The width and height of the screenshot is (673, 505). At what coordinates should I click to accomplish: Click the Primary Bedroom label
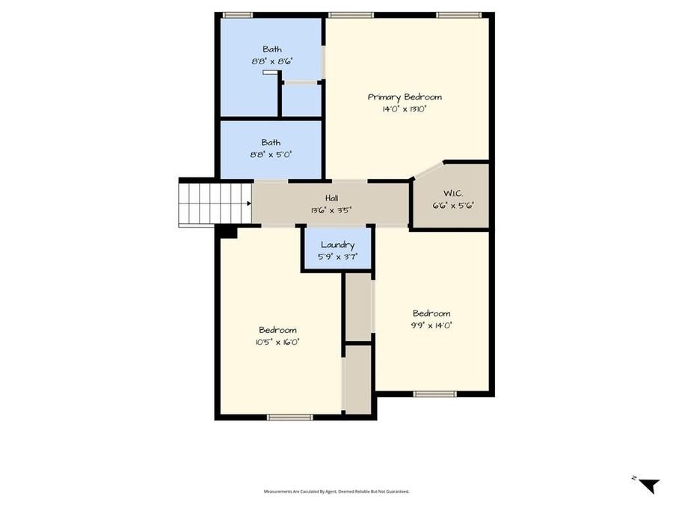pos(405,97)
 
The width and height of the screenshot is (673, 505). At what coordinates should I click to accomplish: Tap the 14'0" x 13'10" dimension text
pos(405,109)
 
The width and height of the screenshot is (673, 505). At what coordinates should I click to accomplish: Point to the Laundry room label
pos(336,245)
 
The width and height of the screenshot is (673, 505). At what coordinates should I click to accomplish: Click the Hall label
pos(331,198)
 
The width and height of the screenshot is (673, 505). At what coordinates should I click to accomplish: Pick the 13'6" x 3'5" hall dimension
pos(331,210)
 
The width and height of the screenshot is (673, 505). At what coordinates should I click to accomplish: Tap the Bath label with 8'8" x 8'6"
pos(271,49)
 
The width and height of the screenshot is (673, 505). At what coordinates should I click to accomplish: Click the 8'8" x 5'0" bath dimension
pos(271,154)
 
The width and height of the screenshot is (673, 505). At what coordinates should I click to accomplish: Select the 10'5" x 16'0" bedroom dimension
pos(277,342)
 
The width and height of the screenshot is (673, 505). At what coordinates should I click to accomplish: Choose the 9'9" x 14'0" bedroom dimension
pos(431,325)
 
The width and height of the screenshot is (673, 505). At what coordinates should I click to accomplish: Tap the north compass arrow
pos(648,484)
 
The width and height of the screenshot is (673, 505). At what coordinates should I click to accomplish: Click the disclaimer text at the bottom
pos(336,492)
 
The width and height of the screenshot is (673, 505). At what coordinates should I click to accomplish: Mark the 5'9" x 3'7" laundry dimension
pos(336,257)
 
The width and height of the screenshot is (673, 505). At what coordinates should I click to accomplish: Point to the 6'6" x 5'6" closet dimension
pos(454,205)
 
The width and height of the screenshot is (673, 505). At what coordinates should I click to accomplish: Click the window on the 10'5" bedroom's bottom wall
pos(289,417)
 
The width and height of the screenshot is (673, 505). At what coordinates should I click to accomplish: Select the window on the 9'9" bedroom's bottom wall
pos(434,394)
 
